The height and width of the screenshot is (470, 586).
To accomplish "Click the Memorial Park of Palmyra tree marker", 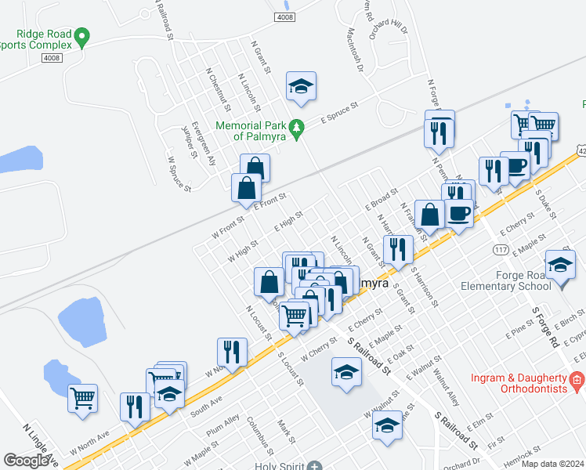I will tap(296, 127).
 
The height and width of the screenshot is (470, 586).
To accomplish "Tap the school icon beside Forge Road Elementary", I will tap(560, 266).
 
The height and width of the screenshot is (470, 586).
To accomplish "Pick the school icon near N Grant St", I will tap(300, 86).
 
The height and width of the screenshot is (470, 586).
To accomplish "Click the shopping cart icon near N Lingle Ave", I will tap(82, 398).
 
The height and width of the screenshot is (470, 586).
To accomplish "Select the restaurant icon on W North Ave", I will tap(232, 352).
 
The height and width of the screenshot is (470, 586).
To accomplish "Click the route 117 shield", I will tap(501, 249).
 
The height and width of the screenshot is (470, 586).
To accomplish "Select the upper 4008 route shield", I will tap(284, 16).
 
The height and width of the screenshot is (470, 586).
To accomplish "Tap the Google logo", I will tap(26, 460).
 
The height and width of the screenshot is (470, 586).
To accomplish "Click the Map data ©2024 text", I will tap(552, 464).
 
